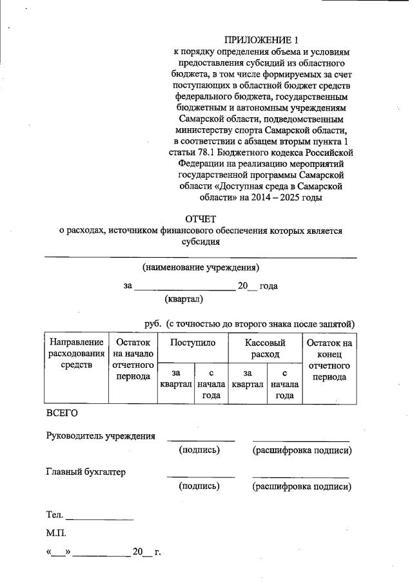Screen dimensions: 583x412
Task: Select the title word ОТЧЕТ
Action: click(201, 219)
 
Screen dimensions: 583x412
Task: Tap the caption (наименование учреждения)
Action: click(201, 266)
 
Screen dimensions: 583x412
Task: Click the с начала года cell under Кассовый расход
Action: click(284, 384)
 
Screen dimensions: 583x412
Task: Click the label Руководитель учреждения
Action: click(101, 436)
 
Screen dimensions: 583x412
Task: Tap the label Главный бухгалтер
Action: click(85, 472)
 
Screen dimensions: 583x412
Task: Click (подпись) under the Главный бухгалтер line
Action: click(199, 486)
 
